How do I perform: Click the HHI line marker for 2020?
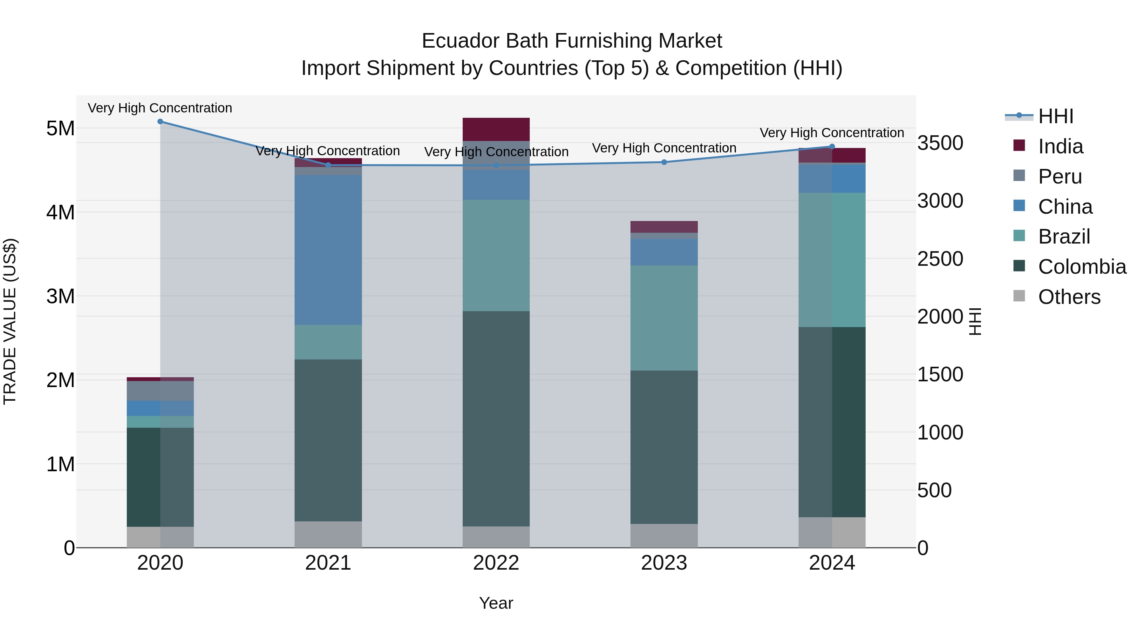(x=160, y=122)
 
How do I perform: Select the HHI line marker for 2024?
(x=832, y=146)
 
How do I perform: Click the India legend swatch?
(x=1019, y=145)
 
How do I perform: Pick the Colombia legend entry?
(x=1082, y=267)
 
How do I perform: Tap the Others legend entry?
(x=1069, y=297)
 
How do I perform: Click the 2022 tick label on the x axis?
(x=496, y=563)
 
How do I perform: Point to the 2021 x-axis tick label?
(x=328, y=563)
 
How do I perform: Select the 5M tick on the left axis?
(x=60, y=129)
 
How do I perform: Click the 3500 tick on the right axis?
(x=940, y=143)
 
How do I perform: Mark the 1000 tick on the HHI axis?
(x=940, y=433)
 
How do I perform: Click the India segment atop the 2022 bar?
(x=496, y=129)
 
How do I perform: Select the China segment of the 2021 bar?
(x=328, y=250)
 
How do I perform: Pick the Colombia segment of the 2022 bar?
(x=496, y=419)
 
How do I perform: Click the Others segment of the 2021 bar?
(x=328, y=534)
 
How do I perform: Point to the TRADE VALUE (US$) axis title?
(x=10, y=321)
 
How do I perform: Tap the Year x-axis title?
(x=496, y=603)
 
